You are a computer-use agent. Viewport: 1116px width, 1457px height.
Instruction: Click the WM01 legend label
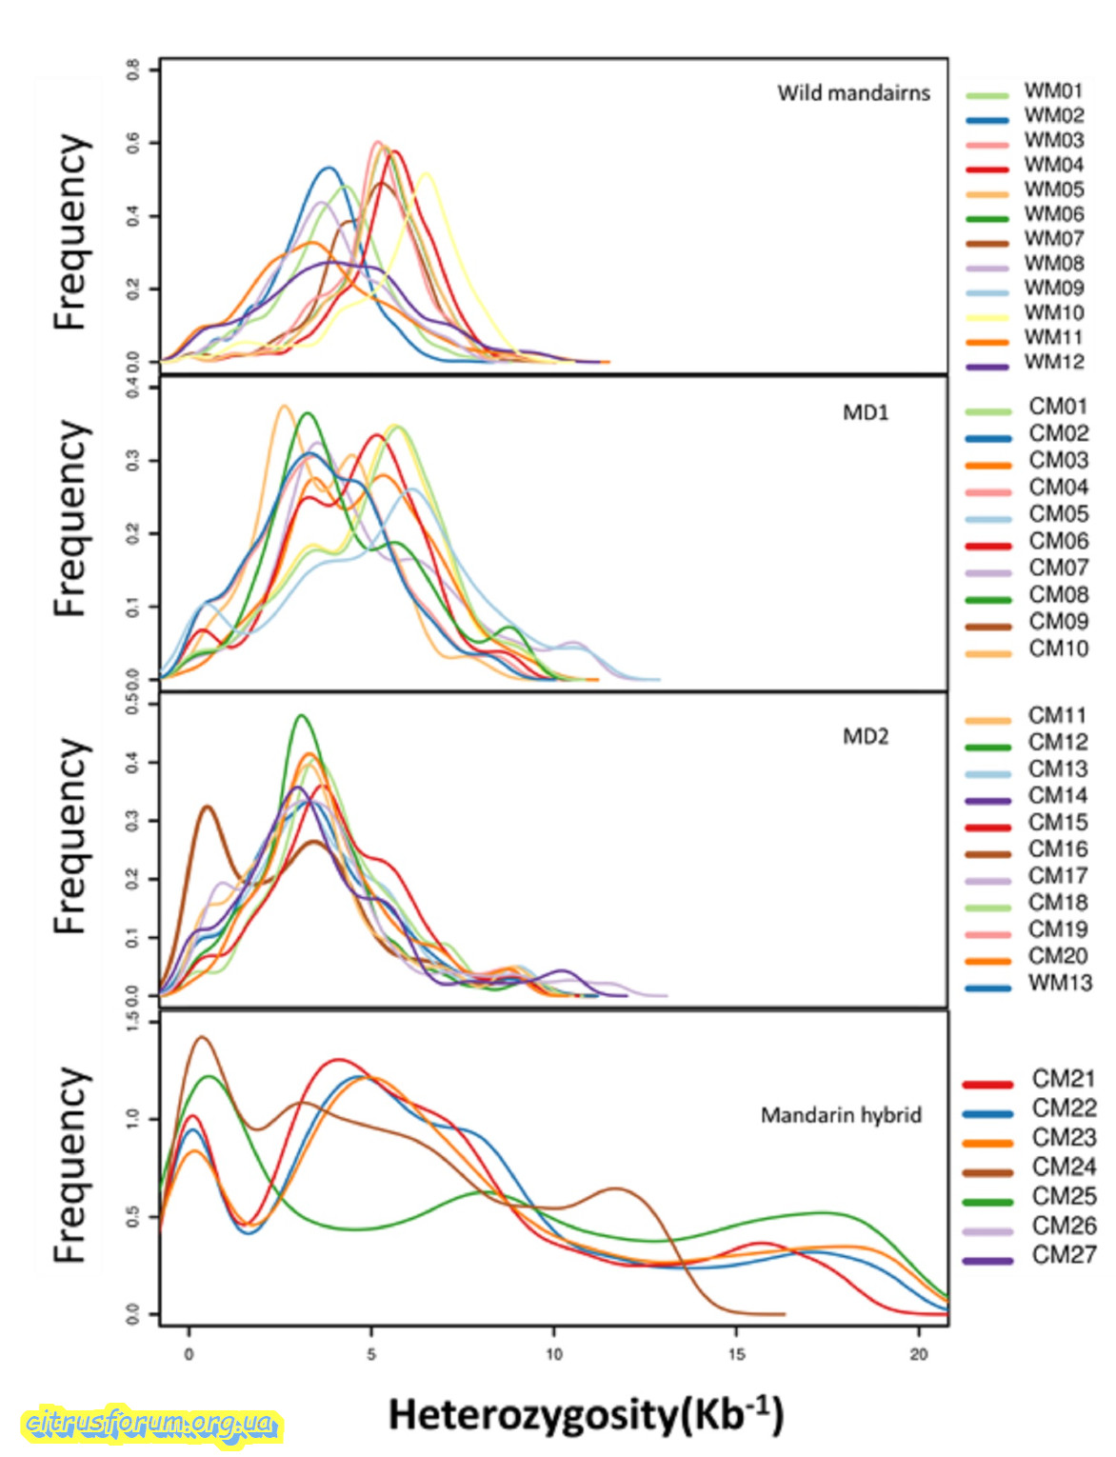1053,90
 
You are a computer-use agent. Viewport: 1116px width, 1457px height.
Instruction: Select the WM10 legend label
1053,312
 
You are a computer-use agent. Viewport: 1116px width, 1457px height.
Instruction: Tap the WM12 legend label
1053,362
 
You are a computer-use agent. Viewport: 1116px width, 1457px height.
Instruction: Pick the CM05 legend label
1058,514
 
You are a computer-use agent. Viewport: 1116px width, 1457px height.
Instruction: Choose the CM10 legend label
1058,649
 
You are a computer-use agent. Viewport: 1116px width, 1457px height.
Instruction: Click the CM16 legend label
1057,849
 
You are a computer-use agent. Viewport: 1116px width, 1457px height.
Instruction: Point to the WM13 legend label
1060,983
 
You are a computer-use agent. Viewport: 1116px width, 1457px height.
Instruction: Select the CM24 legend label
1064,1167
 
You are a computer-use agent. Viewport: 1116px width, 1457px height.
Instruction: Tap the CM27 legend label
1064,1255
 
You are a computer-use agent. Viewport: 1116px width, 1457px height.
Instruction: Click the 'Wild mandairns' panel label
853,93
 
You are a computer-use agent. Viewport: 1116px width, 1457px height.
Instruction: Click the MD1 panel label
866,412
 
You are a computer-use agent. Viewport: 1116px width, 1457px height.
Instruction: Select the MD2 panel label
866,736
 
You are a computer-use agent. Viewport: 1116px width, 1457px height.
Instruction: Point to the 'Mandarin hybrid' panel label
841,1115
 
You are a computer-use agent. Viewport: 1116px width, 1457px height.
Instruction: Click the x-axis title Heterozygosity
586,1415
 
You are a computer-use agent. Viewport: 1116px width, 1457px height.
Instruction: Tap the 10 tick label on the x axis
554,1354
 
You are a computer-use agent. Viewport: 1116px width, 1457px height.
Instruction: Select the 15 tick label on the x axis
737,1354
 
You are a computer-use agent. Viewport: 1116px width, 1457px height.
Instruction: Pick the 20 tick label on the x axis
919,1354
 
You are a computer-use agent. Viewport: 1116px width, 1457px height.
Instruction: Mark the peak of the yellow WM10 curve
426,173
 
